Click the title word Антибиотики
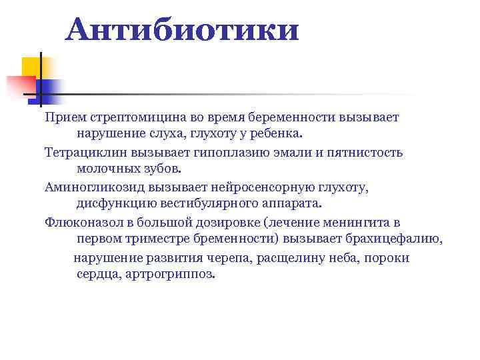coord(182,29)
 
